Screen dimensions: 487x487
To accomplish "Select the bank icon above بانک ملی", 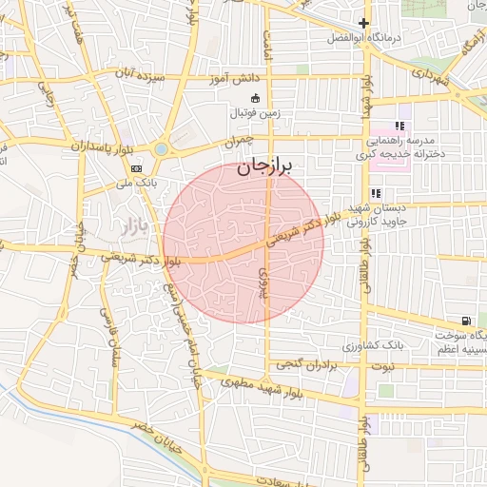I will [x=137, y=168].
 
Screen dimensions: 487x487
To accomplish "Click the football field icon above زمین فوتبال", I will [x=254, y=98].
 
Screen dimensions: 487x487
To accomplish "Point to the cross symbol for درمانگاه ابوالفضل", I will [x=362, y=24].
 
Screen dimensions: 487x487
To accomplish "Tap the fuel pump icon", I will [x=465, y=321].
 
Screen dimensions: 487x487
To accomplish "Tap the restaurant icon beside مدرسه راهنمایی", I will [x=400, y=125].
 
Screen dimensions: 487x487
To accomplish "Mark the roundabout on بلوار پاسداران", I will [x=161, y=149].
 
